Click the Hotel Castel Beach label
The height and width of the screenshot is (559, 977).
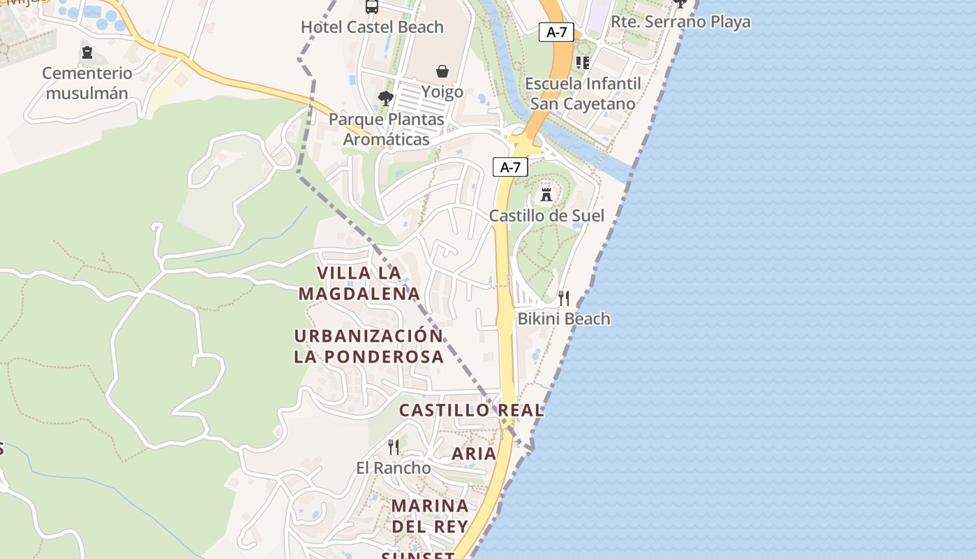click(x=372, y=27)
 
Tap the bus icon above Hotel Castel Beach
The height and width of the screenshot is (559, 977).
click(x=372, y=7)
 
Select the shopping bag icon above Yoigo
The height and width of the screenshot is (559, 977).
click(x=442, y=71)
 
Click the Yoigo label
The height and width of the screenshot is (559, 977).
click(x=442, y=92)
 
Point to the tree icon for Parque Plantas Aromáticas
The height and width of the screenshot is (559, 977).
click(x=385, y=99)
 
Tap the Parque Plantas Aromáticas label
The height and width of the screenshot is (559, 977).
click(x=387, y=129)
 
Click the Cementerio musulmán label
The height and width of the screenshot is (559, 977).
click(x=87, y=83)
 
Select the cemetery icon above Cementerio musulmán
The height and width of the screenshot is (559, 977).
click(x=87, y=52)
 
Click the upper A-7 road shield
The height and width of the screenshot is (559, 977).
click(x=556, y=31)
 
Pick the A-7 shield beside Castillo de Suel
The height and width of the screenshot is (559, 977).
click(x=510, y=167)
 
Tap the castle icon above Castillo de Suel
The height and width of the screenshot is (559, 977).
click(x=546, y=194)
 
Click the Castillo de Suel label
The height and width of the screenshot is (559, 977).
click(x=546, y=215)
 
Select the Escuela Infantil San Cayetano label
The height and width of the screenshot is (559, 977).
click(x=583, y=94)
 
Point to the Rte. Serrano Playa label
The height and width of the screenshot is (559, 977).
click(x=680, y=22)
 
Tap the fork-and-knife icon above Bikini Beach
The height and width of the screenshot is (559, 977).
click(x=564, y=298)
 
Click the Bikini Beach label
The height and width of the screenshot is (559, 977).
click(x=564, y=319)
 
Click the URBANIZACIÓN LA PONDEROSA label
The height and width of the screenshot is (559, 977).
click(x=368, y=346)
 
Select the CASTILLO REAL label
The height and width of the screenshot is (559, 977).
click(x=471, y=410)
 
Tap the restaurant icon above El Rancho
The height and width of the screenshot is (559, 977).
click(x=394, y=447)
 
